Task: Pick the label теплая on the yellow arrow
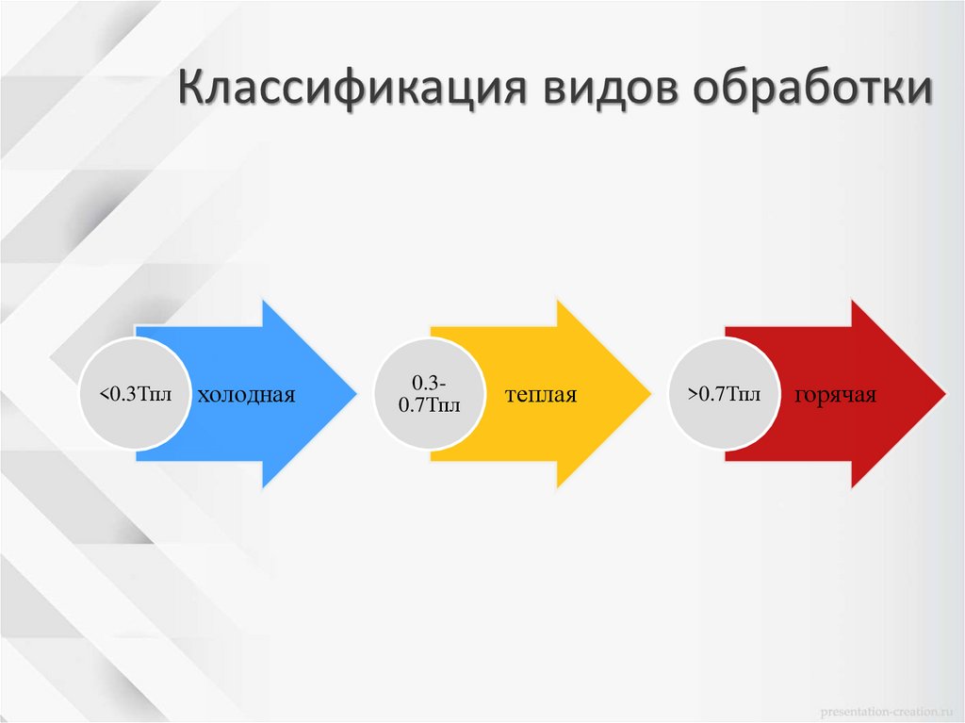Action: click(x=540, y=394)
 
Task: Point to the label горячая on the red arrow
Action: click(x=835, y=394)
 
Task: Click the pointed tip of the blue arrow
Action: click(x=355, y=394)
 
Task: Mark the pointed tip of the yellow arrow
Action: click(x=649, y=394)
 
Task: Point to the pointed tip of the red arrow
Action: click(x=943, y=394)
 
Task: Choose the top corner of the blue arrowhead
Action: click(x=263, y=301)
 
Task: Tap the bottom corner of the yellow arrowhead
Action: click(x=558, y=487)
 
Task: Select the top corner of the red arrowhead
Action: click(x=852, y=301)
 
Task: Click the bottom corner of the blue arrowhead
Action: click(x=263, y=487)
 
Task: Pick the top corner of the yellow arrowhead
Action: click(x=558, y=301)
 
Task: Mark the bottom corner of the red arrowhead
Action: click(x=852, y=487)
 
